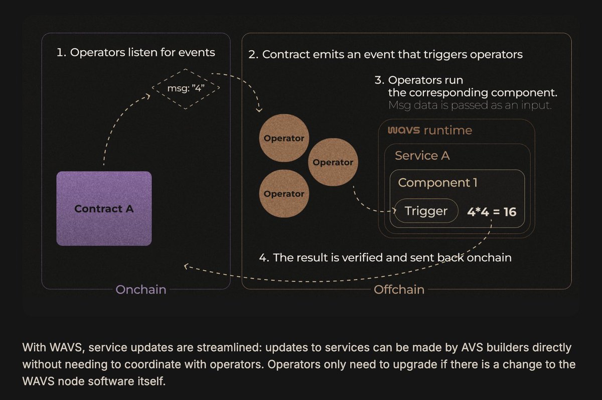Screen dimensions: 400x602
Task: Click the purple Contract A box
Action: (x=104, y=208)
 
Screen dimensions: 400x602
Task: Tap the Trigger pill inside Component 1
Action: (x=426, y=211)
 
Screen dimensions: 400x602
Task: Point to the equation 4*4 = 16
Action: (x=491, y=212)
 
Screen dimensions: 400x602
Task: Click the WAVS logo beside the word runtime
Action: (x=404, y=131)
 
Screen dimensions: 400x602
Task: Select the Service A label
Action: (x=422, y=156)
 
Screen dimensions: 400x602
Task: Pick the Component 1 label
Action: (x=437, y=183)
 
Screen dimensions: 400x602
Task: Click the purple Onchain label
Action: (x=140, y=289)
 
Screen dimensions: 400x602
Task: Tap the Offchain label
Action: (x=399, y=289)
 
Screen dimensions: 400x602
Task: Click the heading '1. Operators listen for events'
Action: (x=135, y=52)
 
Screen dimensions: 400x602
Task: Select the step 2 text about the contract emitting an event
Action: (x=385, y=54)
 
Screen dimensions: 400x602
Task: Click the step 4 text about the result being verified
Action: (x=385, y=258)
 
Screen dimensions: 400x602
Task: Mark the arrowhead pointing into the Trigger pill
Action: (x=394, y=211)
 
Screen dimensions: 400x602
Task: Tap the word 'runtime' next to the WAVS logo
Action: (x=448, y=131)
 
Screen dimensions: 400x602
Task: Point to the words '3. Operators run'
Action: (x=426, y=80)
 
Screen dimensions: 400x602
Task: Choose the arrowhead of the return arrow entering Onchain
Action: (x=187, y=266)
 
